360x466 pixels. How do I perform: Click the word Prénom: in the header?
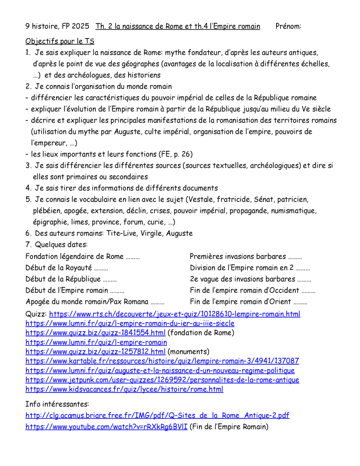click(x=288, y=26)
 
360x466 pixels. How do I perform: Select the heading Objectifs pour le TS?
click(x=60, y=41)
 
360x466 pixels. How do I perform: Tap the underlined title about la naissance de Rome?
click(x=177, y=26)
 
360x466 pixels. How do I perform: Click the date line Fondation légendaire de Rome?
click(x=75, y=256)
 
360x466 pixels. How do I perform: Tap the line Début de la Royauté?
click(x=59, y=268)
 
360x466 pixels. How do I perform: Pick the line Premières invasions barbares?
click(x=238, y=256)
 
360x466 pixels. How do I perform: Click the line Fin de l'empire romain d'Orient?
click(x=240, y=302)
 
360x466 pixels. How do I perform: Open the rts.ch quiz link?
click(x=175, y=314)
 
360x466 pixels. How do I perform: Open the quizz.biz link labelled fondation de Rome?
click(x=95, y=333)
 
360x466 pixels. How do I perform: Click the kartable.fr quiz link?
click(x=162, y=361)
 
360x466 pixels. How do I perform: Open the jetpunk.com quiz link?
click(x=162, y=380)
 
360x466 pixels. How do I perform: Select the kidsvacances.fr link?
click(x=124, y=389)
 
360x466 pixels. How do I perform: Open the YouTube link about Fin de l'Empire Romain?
click(x=107, y=427)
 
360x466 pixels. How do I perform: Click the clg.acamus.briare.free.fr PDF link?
click(x=157, y=416)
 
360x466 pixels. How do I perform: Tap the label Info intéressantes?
click(x=57, y=404)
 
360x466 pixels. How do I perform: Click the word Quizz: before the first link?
click(x=36, y=314)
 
